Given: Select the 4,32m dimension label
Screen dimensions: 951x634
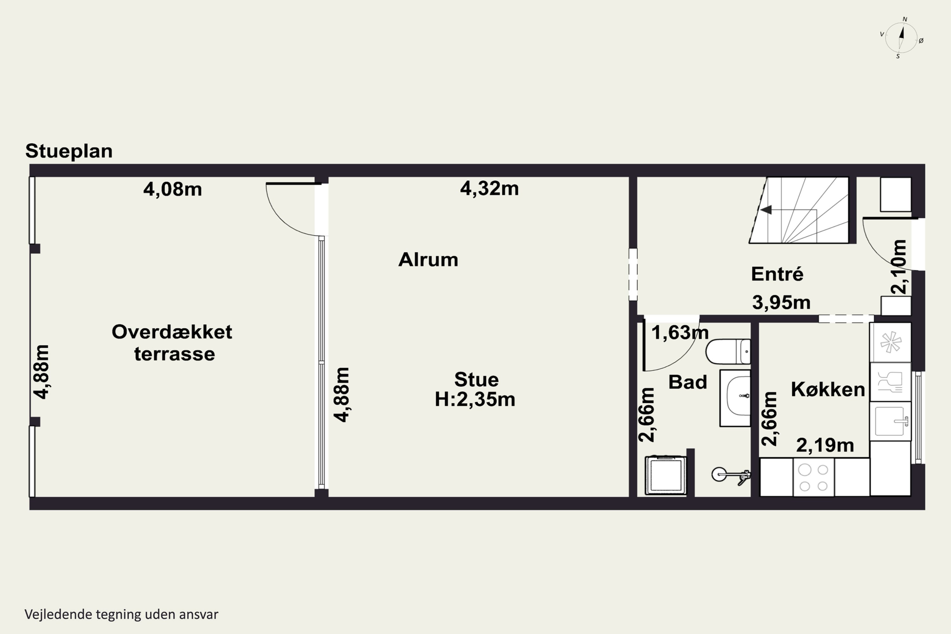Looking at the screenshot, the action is pos(489,188).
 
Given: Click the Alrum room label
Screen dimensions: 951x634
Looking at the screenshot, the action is pos(428,260).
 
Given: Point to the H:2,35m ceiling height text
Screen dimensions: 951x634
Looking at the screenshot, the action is pos(475,399).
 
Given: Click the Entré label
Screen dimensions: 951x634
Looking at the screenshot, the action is pos(777,274).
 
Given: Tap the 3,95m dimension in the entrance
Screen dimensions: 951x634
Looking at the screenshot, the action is pos(781,302).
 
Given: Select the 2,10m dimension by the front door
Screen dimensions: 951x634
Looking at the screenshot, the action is pos(898,267).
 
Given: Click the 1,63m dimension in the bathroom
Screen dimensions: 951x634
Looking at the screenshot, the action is pos(680,333).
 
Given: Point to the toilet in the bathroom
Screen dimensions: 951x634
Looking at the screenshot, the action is pos(728,351).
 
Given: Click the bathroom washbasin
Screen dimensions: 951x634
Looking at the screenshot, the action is pos(735,398).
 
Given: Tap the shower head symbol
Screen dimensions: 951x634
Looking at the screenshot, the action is pos(731,475).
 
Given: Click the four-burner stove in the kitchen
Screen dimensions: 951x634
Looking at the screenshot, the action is pos(813,477).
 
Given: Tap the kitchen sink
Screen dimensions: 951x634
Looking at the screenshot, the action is pos(890,421).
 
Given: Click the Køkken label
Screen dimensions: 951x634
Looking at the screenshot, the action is pos(828,389).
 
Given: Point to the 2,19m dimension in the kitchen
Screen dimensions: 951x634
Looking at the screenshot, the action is pos(825,445).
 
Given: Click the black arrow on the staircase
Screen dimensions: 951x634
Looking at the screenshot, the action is pos(766,210).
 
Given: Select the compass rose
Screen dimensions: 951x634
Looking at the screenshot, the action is pos(901,38).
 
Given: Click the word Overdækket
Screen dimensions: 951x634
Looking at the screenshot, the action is pos(172,332).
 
